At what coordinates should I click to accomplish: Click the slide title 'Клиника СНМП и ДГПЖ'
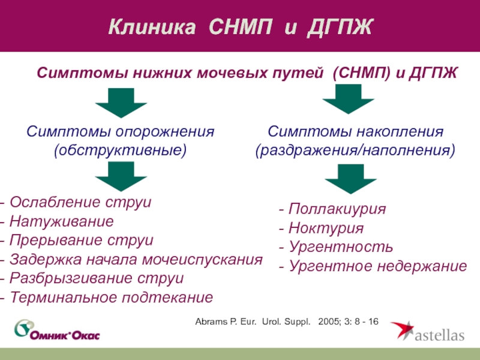pyautogui.click(x=240, y=27)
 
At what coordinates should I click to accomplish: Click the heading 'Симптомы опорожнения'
pyautogui.click(x=121, y=131)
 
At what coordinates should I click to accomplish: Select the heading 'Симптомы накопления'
pyautogui.click(x=356, y=131)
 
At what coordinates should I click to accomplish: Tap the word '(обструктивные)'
pyautogui.click(x=121, y=149)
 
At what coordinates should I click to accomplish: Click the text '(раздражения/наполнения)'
pyautogui.click(x=356, y=149)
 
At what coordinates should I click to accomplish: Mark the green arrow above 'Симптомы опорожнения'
pyautogui.click(x=121, y=103)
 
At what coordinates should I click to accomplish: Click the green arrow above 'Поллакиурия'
pyautogui.click(x=350, y=178)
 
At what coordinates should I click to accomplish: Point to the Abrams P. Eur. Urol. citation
pyautogui.click(x=287, y=322)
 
